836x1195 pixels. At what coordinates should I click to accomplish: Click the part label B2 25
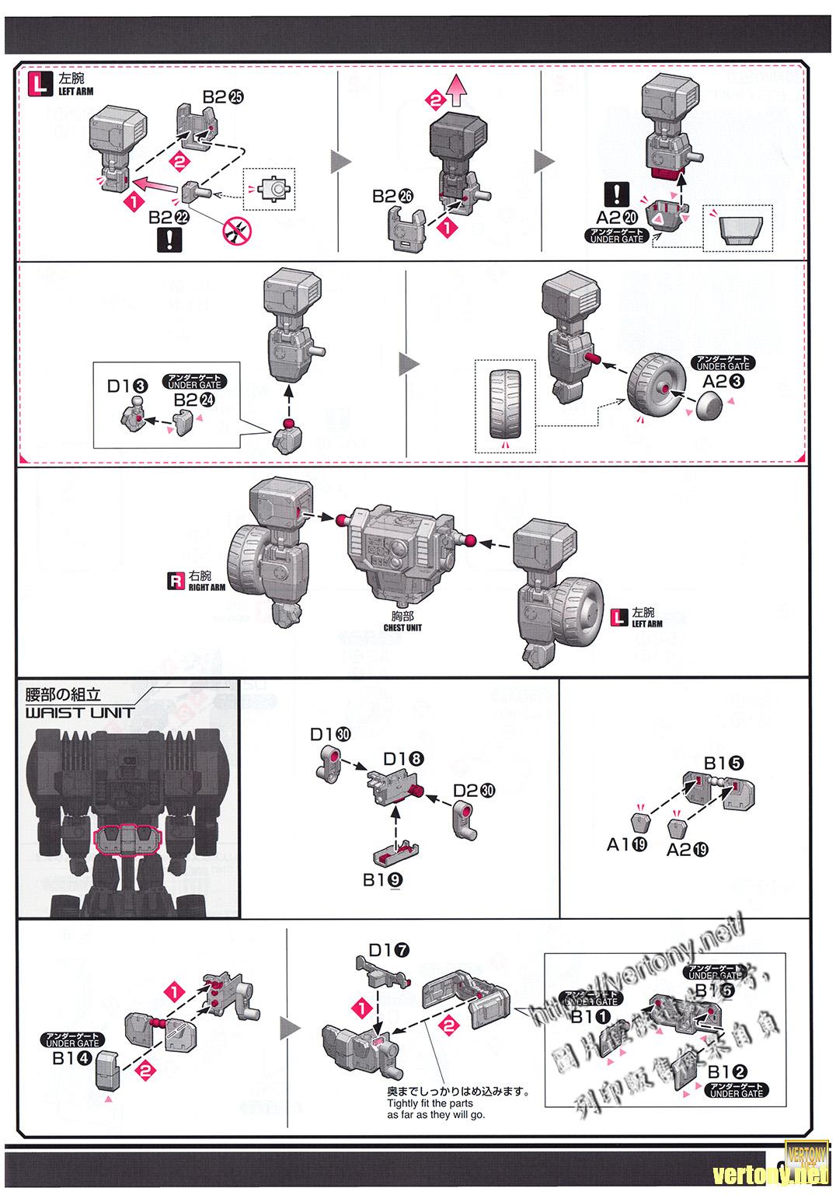tap(223, 97)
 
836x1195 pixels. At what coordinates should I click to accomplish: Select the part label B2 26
tap(393, 197)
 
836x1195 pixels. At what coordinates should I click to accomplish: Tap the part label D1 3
tap(127, 386)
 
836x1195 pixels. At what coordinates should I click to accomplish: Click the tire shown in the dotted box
tap(505, 407)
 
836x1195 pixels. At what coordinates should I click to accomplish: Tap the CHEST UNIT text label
tap(402, 622)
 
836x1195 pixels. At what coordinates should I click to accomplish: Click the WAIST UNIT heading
tap(79, 711)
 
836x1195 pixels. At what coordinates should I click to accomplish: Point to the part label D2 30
tap(474, 791)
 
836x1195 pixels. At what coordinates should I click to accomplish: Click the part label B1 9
tap(382, 880)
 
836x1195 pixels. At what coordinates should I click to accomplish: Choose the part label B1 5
tap(723, 763)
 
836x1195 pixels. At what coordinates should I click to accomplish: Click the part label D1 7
tap(388, 950)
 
